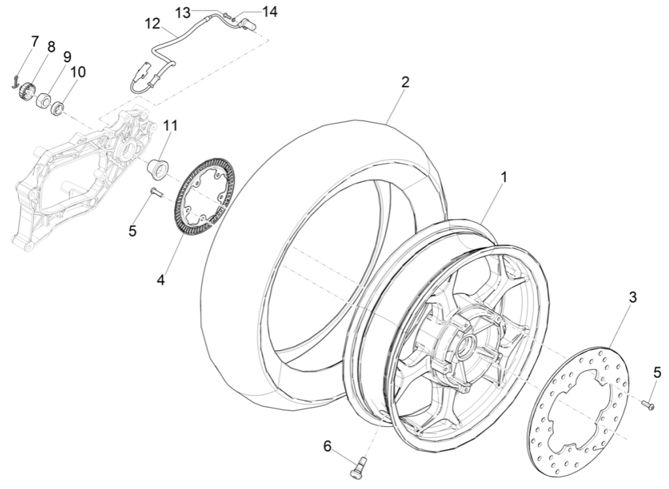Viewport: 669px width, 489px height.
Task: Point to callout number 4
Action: tap(161, 280)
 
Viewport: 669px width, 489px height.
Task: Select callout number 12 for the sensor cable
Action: tap(152, 24)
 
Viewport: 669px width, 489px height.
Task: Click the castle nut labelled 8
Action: tap(27, 89)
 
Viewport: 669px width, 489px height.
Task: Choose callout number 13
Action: tap(183, 12)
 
